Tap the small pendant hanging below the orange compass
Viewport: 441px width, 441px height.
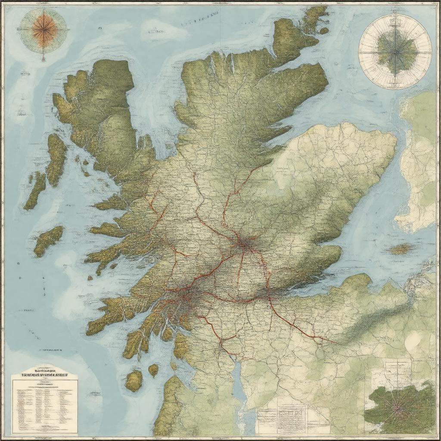coord(43,58)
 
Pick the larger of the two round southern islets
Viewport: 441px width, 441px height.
coord(134,381)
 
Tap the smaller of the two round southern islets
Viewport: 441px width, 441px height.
coord(153,370)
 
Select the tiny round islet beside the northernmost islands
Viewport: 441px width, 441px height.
coord(324,31)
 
